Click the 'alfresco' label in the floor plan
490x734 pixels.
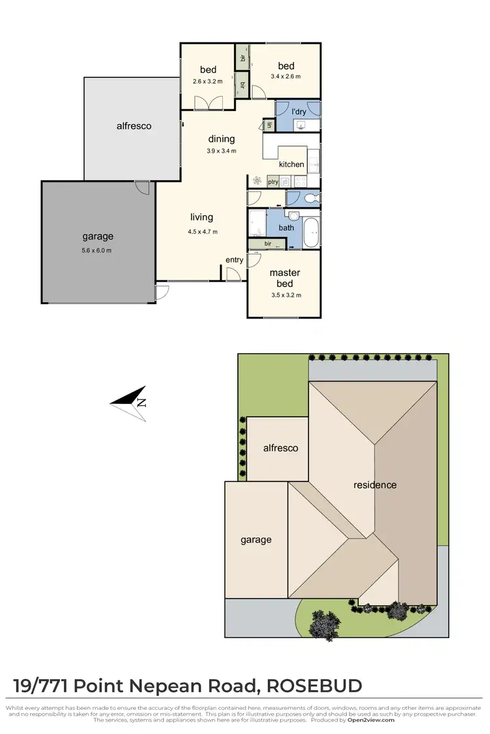(x=134, y=126)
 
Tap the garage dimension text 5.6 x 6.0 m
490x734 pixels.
(x=97, y=251)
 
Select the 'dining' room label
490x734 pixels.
(x=221, y=138)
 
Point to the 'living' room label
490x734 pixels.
(x=202, y=217)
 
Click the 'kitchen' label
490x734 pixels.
(x=291, y=164)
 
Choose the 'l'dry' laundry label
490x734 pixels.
(x=299, y=112)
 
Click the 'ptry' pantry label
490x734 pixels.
(x=273, y=182)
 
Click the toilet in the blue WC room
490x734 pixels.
(x=311, y=197)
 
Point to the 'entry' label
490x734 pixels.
(x=235, y=260)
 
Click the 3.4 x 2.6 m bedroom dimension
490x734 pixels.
(x=286, y=76)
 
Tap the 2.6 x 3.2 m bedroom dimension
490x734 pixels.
(x=208, y=82)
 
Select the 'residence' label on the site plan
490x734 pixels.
(x=375, y=485)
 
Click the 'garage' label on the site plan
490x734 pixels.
(x=255, y=540)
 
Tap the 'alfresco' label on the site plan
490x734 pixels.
(x=280, y=448)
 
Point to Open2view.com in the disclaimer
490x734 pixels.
(x=370, y=720)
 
